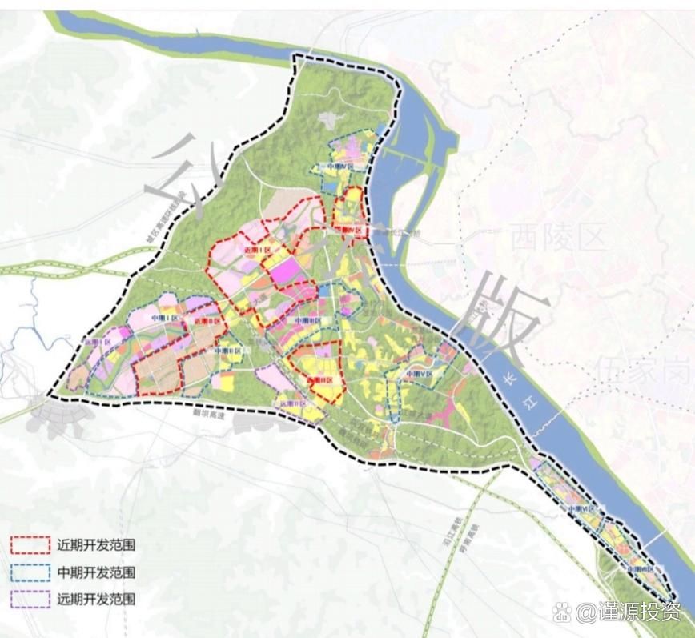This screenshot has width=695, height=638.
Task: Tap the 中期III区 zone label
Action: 307,320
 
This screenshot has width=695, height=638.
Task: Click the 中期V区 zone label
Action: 418,374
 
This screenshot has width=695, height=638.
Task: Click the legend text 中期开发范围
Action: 95,572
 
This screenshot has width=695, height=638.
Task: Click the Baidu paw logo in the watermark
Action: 564,613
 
